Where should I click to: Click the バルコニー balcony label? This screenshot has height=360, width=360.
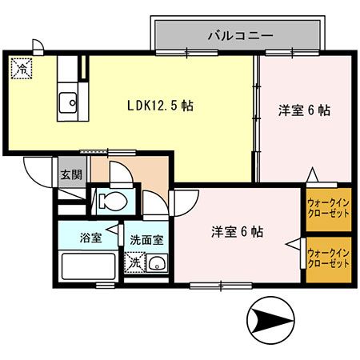point(240,35)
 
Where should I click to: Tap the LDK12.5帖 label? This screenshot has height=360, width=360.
point(161,105)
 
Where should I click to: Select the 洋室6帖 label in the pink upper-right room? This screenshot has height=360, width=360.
point(304,111)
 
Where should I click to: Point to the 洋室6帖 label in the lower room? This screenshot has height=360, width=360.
point(238,232)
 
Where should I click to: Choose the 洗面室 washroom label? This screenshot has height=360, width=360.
point(146,238)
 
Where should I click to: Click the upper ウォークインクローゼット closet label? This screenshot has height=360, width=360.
point(328,208)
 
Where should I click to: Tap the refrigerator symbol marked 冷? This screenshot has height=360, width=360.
point(21,68)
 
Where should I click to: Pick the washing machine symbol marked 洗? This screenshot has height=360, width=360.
point(134,262)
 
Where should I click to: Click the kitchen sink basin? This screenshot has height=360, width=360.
point(67,102)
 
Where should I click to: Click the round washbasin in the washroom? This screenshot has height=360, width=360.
point(157,263)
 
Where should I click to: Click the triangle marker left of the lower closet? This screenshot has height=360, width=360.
point(294,247)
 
